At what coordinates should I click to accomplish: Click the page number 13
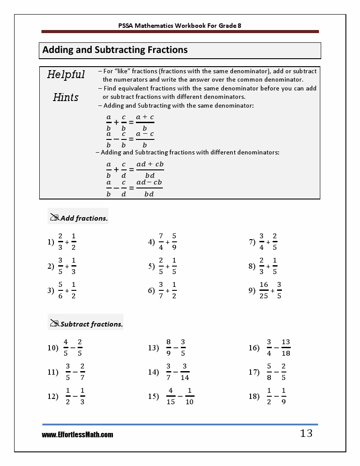pyautogui.click(x=306, y=433)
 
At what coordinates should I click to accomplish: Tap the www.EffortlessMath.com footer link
pyautogui.click(x=77, y=435)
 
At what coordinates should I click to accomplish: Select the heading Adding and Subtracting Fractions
pyautogui.click(x=115, y=50)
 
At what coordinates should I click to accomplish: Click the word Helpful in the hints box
pyautogui.click(x=66, y=75)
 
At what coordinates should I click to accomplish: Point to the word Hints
pyautogui.click(x=66, y=97)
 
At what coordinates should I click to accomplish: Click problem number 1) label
pyautogui.click(x=51, y=242)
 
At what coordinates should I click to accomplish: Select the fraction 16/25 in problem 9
pyautogui.click(x=264, y=290)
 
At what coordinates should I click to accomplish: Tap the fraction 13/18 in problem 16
pyautogui.click(x=285, y=347)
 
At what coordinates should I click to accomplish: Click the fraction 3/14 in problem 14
pyautogui.click(x=184, y=372)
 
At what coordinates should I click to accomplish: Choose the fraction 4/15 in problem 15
pyautogui.click(x=171, y=396)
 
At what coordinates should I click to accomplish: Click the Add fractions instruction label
pyautogui.click(x=84, y=218)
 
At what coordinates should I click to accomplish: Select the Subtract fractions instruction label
pyautogui.click(x=91, y=324)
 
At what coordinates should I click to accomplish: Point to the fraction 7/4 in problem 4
pyautogui.click(x=161, y=242)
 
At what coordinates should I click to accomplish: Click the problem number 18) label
pyautogui.click(x=254, y=396)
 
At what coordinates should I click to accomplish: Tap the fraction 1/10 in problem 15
pyautogui.click(x=189, y=396)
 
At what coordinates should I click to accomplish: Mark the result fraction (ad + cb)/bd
pyautogui.click(x=150, y=169)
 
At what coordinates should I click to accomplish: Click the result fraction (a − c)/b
pyautogui.click(x=145, y=139)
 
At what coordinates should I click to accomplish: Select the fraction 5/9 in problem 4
pyautogui.click(x=174, y=242)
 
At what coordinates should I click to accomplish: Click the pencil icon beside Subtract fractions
pyautogui.click(x=55, y=323)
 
